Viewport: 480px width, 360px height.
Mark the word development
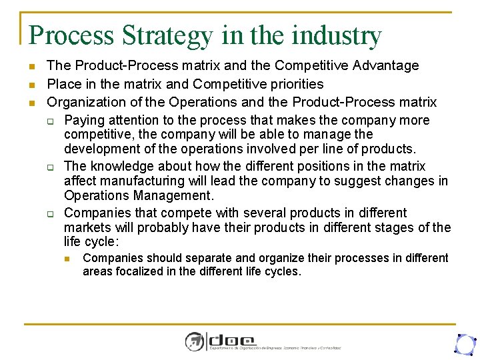tap(101, 148)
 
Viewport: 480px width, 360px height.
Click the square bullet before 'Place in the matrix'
tap(31, 85)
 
